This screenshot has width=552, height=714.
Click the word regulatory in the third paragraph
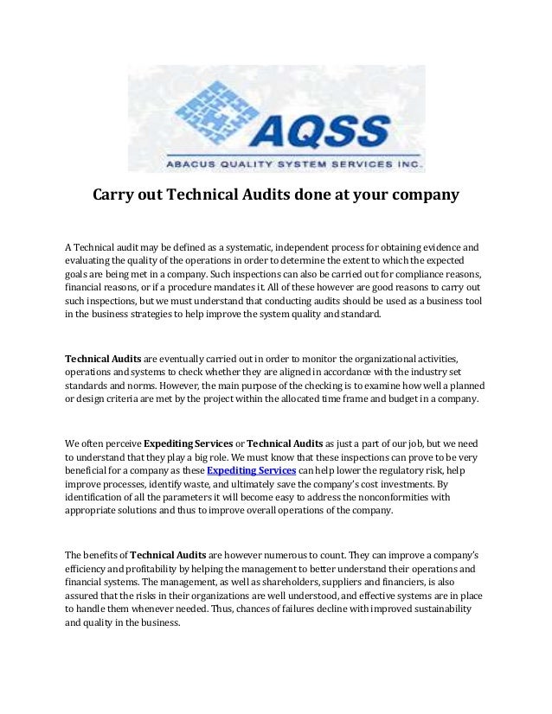click(x=394, y=469)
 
